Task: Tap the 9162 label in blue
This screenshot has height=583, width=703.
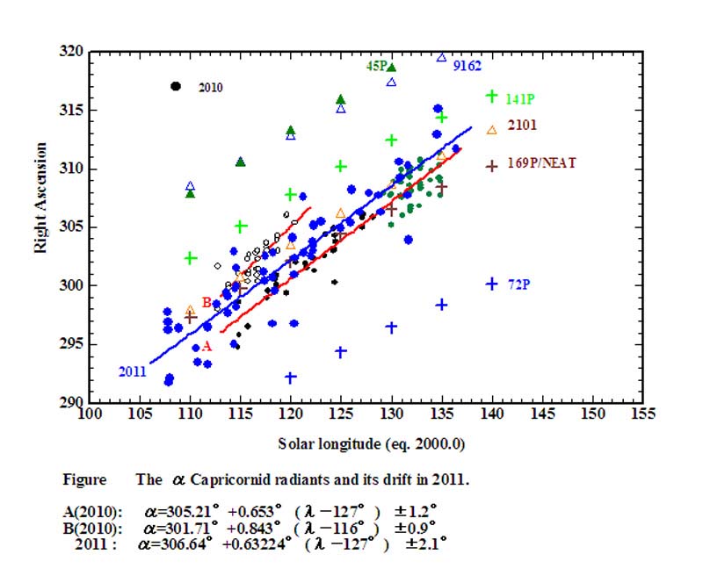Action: click(467, 66)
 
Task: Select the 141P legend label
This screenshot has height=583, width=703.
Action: click(520, 100)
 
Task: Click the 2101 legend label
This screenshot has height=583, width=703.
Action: click(522, 126)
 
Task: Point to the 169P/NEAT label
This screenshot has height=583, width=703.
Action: click(541, 163)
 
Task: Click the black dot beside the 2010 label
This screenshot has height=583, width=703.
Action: click(176, 86)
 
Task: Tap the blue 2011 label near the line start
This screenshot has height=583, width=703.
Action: click(130, 371)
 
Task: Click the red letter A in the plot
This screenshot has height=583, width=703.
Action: click(207, 347)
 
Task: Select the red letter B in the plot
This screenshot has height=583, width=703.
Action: click(206, 303)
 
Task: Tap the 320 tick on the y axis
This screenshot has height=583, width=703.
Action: click(75, 52)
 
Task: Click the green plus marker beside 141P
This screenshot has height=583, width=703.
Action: click(492, 96)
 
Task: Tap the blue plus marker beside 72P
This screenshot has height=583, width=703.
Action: click(492, 284)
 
